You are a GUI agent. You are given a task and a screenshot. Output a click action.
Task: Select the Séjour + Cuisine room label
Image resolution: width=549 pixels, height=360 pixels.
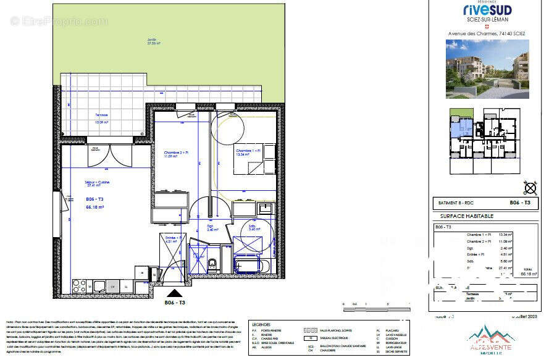coord(98,183)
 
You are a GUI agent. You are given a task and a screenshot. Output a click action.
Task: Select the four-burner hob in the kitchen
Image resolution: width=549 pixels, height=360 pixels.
coord(80,285)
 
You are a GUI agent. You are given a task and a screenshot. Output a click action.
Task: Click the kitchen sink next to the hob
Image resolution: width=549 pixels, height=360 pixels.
coord(99,285)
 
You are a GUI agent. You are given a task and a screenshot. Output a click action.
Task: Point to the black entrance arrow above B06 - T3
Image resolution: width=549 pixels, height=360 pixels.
coord(175,293)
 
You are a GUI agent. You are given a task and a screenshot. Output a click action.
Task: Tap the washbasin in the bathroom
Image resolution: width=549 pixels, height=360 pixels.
coord(265,208)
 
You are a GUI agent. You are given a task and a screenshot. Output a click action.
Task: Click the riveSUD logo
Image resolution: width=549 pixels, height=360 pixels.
coord(487,9)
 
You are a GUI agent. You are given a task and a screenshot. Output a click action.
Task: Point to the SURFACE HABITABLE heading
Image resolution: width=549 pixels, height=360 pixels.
coord(466,216)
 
